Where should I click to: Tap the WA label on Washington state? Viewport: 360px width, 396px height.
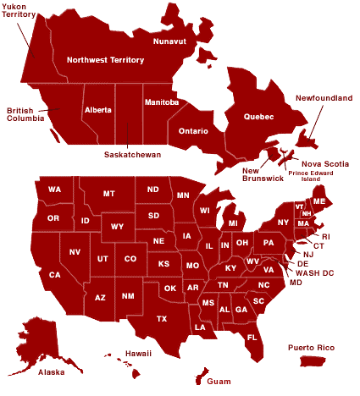[x=54, y=189]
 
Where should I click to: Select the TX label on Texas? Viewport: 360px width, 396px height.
[x=161, y=318]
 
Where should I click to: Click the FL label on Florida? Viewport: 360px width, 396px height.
[x=252, y=337]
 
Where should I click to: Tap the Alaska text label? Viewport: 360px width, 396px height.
[x=51, y=371]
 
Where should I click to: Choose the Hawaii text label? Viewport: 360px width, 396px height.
[x=138, y=353]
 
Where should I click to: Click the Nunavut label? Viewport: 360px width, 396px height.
[x=169, y=41]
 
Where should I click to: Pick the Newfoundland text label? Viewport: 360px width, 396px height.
[x=324, y=98]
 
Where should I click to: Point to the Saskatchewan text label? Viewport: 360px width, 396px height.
[x=132, y=155]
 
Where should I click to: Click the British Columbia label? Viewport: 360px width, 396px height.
[x=25, y=115]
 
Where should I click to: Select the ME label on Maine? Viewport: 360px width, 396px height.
[x=319, y=201]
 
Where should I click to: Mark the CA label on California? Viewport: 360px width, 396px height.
[x=54, y=274]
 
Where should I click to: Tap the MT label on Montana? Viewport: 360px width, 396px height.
[x=108, y=194]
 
